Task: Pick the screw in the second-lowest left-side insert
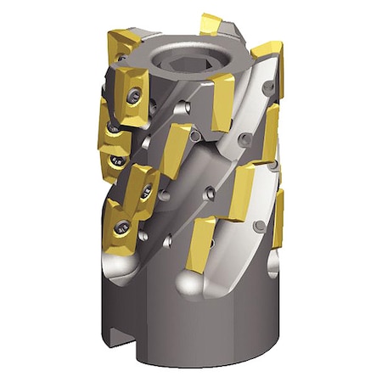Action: tap(146, 190)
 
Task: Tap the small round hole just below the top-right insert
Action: tap(269, 88)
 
